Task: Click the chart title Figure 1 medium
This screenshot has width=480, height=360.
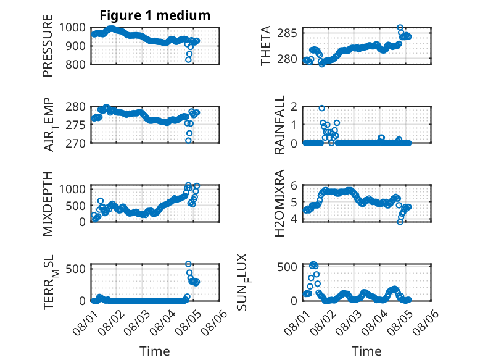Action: (155, 15)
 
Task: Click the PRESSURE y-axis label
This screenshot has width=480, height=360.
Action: (48, 46)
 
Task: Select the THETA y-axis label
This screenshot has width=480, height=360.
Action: (266, 46)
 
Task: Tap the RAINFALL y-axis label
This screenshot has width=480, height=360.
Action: (279, 125)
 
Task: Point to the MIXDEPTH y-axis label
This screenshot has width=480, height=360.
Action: (48, 204)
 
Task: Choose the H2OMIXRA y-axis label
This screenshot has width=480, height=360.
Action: (279, 203)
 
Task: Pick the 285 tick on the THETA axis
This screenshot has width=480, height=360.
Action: (287, 33)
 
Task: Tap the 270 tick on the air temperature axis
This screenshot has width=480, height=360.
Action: (75, 143)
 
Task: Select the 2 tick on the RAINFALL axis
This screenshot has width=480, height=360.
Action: (294, 107)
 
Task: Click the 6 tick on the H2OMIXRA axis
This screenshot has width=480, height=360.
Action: (294, 185)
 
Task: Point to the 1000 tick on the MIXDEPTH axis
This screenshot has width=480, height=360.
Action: (72, 189)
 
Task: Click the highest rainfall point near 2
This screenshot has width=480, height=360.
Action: (321, 108)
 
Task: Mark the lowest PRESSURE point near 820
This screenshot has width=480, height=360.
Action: (188, 60)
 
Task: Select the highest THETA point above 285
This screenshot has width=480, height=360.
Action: (400, 28)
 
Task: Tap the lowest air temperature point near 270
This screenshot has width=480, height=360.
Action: (188, 141)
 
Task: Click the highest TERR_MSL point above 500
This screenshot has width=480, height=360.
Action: (188, 264)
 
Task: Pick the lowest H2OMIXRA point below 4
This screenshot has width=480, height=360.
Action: (400, 222)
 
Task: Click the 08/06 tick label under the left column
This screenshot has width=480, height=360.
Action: (214, 322)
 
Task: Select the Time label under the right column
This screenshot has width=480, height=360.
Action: (366, 351)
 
